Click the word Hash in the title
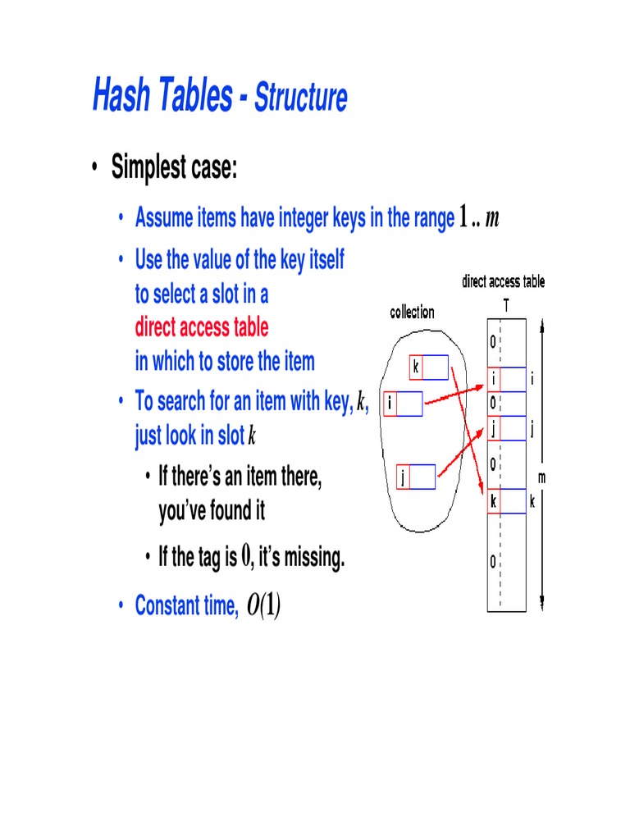tap(121, 97)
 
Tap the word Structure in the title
tap(300, 98)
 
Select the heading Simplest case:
tap(174, 168)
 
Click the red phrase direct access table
tap(201, 327)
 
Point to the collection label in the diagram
tap(412, 312)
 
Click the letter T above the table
tap(505, 304)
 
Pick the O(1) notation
tap(263, 606)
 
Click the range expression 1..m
tap(480, 218)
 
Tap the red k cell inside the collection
tap(416, 367)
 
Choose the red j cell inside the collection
tap(403, 477)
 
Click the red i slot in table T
tap(494, 379)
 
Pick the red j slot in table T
tap(494, 427)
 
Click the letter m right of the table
tap(542, 477)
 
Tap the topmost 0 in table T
tap(493, 341)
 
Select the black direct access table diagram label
tap(503, 282)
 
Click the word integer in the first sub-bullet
tap(313, 218)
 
